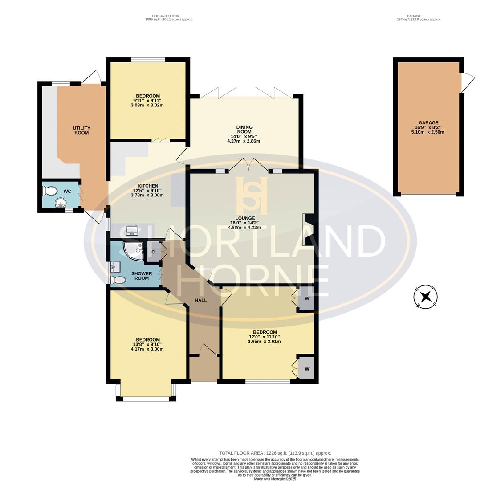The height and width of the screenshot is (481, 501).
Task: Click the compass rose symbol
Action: point(426,297)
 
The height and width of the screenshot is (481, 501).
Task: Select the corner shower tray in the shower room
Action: point(133,251)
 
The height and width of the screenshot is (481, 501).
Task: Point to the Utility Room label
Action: point(81,130)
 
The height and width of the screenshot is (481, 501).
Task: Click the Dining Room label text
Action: point(244,130)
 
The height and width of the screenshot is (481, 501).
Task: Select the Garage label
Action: point(428,123)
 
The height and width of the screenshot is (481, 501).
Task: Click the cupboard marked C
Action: point(153,252)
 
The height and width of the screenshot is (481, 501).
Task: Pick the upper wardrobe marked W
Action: point(307,298)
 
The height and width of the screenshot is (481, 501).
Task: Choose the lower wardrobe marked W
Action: point(307,369)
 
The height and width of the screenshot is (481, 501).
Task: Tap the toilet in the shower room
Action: point(118,280)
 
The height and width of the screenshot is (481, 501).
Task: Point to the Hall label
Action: point(201,300)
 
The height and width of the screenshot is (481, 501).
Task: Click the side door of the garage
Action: point(467,82)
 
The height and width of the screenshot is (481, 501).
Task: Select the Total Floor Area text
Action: point(275,453)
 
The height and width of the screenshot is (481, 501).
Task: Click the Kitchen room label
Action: point(148,186)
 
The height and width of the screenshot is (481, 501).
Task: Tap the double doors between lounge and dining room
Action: point(249,165)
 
